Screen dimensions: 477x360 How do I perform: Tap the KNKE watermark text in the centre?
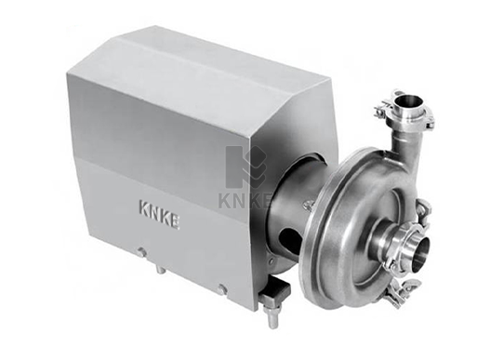tap(245, 200)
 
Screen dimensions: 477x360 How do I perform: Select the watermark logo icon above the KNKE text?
tap(245, 167)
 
